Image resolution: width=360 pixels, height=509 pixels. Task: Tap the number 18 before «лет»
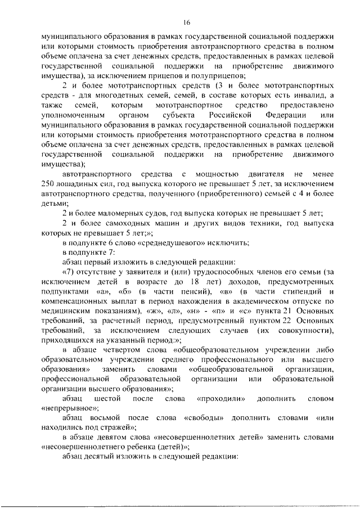pos(224,281)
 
